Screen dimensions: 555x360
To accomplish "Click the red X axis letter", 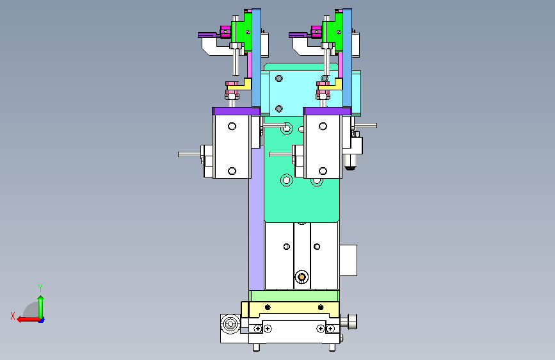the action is [x=13, y=316].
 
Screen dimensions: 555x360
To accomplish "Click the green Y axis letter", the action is [x=40, y=288].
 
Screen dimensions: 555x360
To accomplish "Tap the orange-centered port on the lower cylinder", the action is [x=302, y=277].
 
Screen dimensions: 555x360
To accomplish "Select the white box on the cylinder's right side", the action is [x=348, y=260].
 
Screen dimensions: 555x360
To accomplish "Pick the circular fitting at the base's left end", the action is [x=230, y=324].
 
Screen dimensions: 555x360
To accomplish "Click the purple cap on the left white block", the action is [x=236, y=111].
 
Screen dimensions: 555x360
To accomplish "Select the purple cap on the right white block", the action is [x=327, y=111].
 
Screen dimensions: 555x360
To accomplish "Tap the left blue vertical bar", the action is [x=256, y=58].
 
